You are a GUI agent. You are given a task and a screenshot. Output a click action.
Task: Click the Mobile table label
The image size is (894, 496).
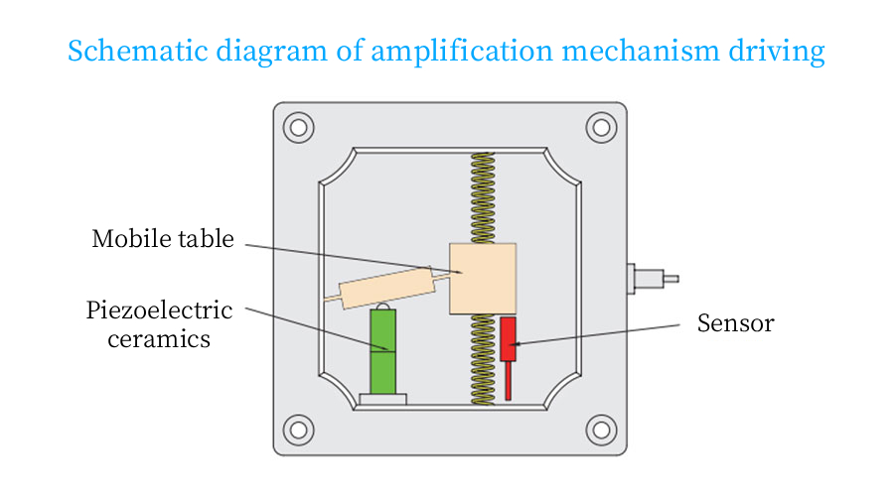coord(163,239)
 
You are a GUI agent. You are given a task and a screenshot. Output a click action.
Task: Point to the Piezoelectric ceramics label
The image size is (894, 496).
coord(160,324)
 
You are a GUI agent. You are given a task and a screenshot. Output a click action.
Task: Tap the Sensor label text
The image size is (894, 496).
coord(735,323)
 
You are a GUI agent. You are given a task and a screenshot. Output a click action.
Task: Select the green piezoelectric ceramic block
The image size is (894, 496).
coord(382,351)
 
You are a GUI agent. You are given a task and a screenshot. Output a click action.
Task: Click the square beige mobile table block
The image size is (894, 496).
coord(483,279)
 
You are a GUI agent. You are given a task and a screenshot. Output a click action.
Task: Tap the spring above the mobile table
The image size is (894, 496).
coord(483,197)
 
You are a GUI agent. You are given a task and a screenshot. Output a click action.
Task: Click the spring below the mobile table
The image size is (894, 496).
coord(483,359)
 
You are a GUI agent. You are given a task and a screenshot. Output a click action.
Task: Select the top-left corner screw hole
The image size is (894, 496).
coord(298,127)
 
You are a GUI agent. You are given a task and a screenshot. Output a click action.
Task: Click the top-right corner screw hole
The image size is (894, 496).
coord(601,127)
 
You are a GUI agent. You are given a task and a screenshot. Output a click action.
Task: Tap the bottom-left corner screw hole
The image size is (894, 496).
coord(298,430)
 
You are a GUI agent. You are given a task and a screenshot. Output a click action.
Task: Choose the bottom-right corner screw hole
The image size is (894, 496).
coord(601,430)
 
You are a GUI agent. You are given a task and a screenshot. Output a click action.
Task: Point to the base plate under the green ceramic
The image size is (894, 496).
coord(382,399)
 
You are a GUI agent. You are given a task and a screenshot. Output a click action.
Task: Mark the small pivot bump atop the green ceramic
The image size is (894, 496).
coord(382,305)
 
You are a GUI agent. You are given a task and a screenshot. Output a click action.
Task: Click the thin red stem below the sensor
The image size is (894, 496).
coord(508,381)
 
